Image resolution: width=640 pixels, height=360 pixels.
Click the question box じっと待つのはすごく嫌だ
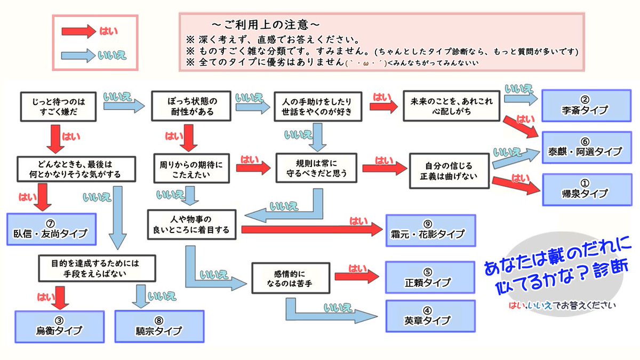(x=59, y=106)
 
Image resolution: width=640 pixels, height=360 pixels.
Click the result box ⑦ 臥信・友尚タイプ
(x=52, y=229)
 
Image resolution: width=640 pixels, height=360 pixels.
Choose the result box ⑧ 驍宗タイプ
(x=159, y=326)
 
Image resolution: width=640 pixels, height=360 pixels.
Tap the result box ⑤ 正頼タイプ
(x=431, y=277)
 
